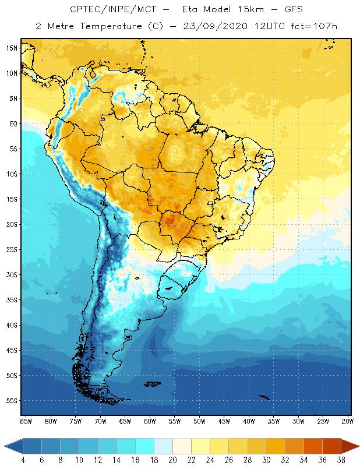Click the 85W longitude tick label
26,421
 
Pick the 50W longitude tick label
199,421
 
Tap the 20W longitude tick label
348,421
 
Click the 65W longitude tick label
125,421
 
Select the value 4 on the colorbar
23,460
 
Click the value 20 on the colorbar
172,460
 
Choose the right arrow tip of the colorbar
358,446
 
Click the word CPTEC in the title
84,10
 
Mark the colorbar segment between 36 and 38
331,446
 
